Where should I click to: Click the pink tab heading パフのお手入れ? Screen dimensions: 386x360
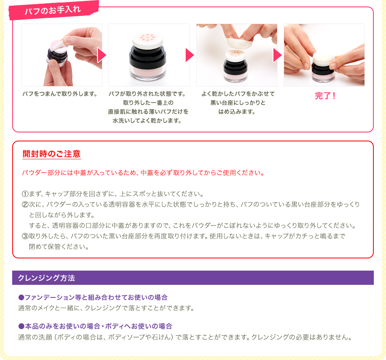click(53, 10)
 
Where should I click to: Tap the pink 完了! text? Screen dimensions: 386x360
click(325, 96)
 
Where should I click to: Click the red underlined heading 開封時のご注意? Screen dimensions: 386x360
click(52, 154)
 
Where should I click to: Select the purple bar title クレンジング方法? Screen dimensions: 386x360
click(46, 278)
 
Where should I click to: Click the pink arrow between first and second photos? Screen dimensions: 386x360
click(102, 55)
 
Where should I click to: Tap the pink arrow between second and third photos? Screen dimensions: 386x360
click(190, 55)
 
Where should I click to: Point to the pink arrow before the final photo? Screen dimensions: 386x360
click(278, 55)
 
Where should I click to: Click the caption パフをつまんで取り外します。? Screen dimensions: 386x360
click(60, 94)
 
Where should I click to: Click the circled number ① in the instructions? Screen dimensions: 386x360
click(25, 194)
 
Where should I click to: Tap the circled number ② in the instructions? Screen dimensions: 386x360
click(25, 204)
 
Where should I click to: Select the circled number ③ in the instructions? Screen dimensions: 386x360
click(25, 236)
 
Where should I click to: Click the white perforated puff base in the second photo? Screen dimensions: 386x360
click(148, 40)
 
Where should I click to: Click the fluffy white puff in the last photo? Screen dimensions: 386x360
click(323, 59)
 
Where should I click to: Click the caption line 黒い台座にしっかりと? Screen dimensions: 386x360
click(238, 103)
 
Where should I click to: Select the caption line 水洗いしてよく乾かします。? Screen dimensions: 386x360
click(147, 121)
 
